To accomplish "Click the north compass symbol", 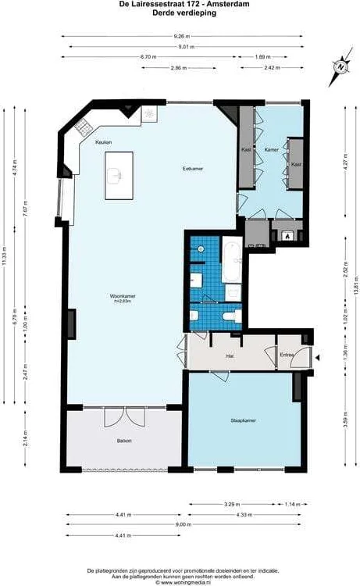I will (x=340, y=66).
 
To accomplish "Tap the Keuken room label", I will (x=103, y=142).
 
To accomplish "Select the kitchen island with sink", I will (x=119, y=174).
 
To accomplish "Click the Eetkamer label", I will (x=193, y=168).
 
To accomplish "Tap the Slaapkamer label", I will (x=244, y=420).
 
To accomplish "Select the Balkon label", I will (x=123, y=441).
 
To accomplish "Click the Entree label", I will (x=289, y=356).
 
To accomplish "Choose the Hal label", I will (x=230, y=356).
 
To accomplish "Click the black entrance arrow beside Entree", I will (x=317, y=358).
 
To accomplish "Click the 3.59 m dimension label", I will (x=345, y=423).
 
